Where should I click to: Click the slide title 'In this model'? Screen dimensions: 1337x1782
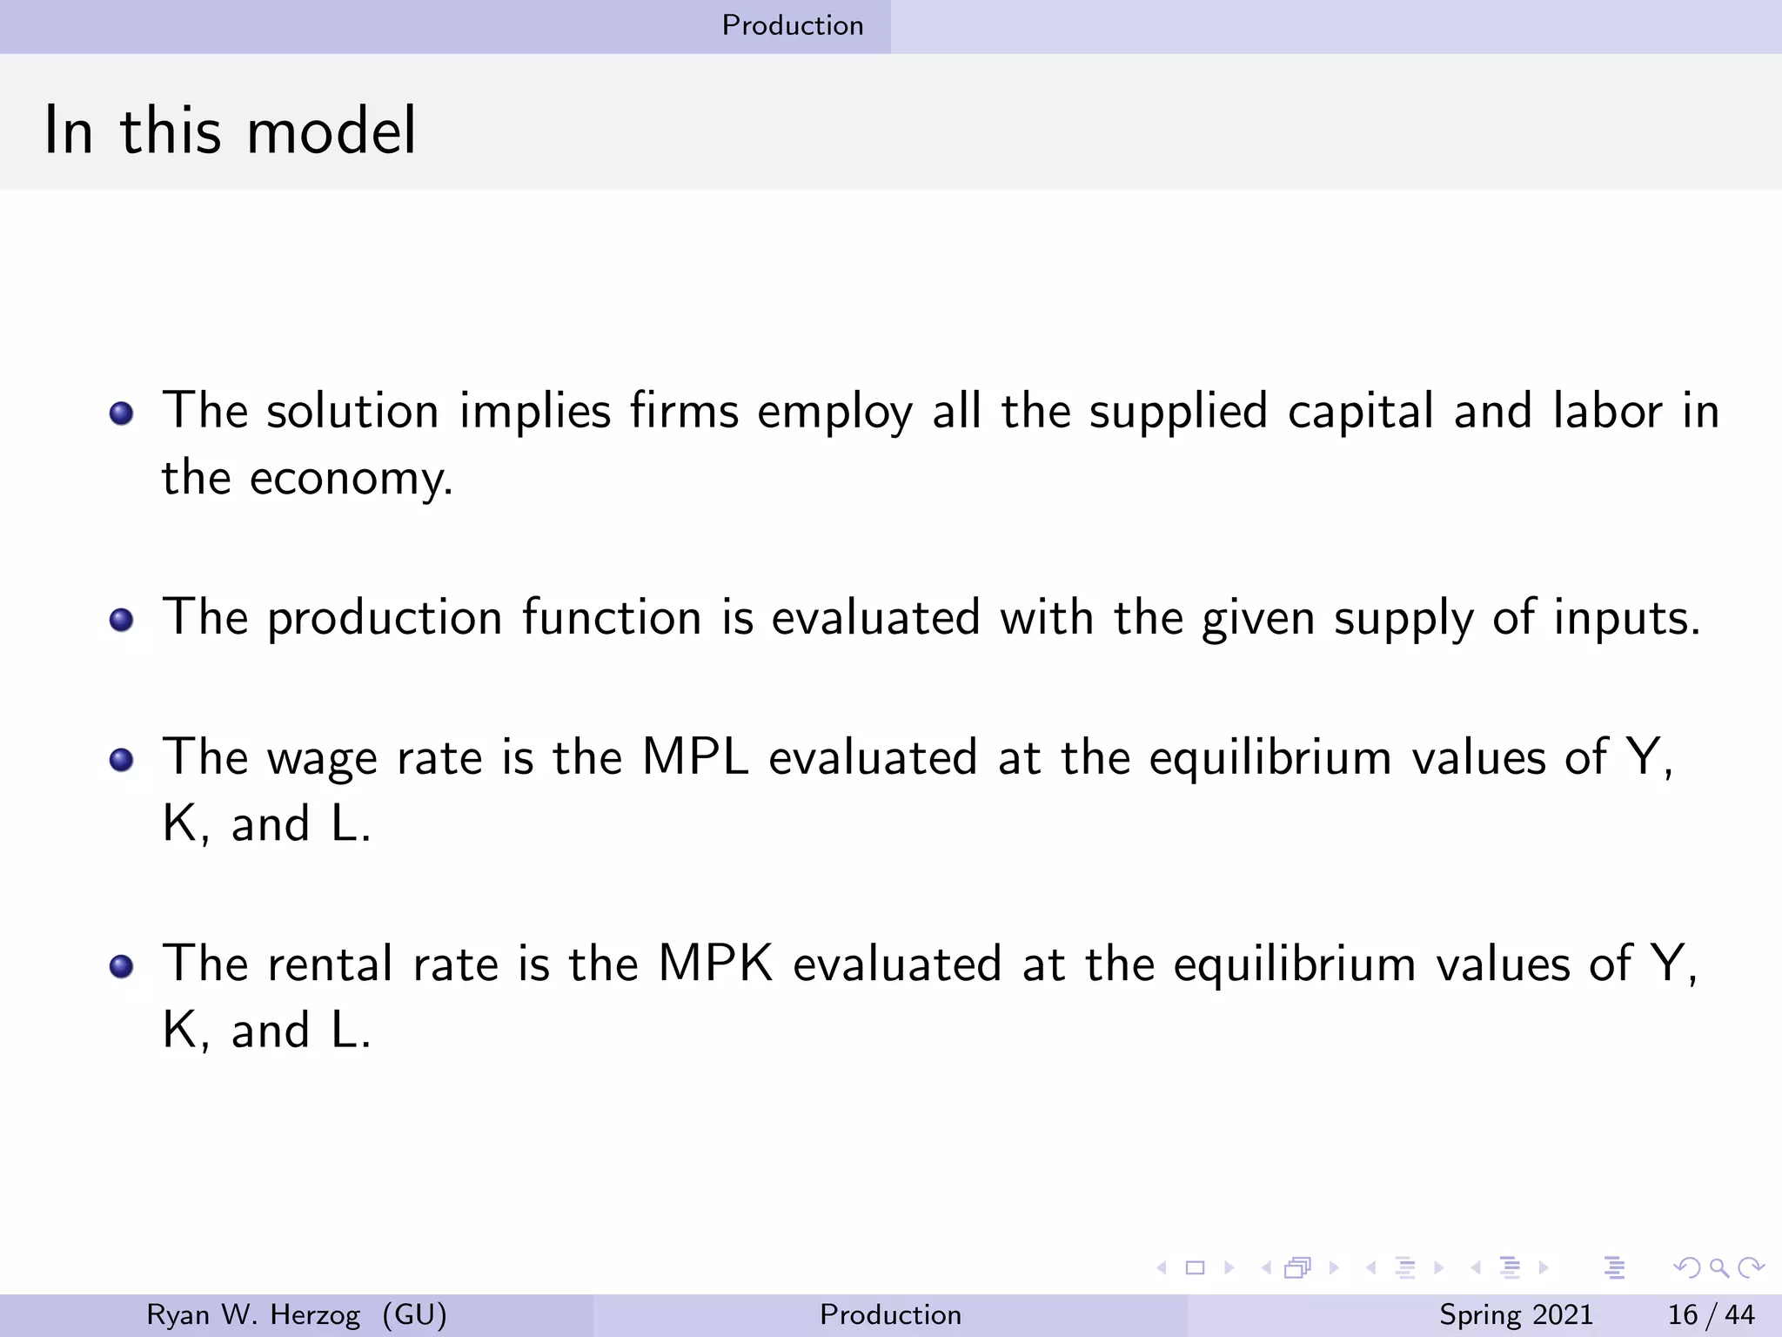(230, 131)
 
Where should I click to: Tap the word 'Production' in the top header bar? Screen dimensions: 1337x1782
(793, 25)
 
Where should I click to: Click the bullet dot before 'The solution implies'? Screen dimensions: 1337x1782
(122, 413)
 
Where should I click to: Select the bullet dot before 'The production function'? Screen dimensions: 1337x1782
(122, 620)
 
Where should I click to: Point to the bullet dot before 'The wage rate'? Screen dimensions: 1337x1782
(122, 760)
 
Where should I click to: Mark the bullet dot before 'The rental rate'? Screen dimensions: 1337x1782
(122, 966)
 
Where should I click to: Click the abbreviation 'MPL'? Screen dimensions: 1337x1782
(694, 756)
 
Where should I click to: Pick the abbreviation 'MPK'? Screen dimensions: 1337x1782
(715, 964)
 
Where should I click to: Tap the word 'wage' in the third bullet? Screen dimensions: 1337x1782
(322, 759)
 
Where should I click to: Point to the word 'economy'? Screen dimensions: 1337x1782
(350, 479)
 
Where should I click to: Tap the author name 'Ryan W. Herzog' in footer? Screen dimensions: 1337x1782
(253, 1314)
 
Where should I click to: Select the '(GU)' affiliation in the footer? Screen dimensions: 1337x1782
(414, 1314)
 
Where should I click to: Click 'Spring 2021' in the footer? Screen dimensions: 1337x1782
(1516, 1314)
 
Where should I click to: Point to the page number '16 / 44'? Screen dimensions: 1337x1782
(1711, 1314)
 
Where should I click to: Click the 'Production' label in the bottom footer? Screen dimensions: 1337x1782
(890, 1314)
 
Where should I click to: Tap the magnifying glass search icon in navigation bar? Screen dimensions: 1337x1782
(1718, 1267)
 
